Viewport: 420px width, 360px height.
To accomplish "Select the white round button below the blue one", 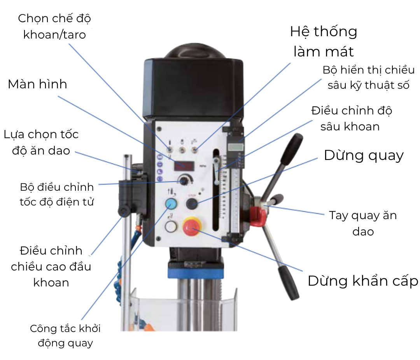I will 170,226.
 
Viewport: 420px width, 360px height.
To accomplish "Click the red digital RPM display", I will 185,166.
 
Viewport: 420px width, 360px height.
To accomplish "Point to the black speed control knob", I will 184,180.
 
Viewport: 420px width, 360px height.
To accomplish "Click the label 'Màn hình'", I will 37,84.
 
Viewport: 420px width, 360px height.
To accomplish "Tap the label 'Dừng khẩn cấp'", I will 362,281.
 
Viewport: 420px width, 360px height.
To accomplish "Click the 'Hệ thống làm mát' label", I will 324,41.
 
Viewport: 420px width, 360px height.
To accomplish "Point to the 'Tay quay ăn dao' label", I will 363,223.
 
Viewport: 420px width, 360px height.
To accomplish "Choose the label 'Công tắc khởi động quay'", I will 65,335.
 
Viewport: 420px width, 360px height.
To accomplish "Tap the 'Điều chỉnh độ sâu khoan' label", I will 351,118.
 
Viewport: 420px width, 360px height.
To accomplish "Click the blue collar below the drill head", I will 196,269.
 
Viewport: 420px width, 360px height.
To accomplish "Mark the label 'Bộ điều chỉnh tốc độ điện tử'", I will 57,194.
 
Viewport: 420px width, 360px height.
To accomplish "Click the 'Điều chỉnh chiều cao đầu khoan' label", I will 51,266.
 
